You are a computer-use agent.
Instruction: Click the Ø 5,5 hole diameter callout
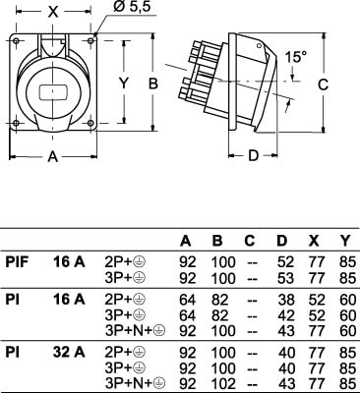pos(132,7)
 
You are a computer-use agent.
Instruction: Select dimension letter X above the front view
pos(53,13)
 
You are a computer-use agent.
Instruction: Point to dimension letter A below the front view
pos(53,157)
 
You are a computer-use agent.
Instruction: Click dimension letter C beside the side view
pos(323,84)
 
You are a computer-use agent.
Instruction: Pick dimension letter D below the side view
pos(253,155)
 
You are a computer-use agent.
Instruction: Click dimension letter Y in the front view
pos(123,84)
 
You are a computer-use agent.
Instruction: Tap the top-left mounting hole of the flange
pos(16,41)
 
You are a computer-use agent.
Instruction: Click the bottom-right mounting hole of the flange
pos(91,123)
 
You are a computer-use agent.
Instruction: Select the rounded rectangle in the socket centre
pos(53,92)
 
